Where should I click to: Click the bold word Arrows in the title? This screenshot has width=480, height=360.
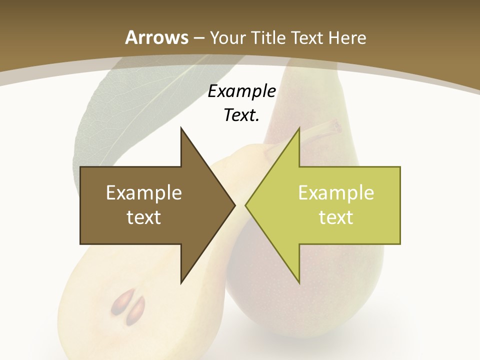pyautogui.click(x=156, y=37)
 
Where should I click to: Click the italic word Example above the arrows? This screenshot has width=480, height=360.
pyautogui.click(x=242, y=91)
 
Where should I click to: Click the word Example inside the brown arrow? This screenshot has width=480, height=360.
pyautogui.click(x=144, y=193)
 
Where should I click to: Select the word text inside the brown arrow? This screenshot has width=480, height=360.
pyautogui.click(x=144, y=217)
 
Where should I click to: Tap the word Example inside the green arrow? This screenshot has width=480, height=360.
pyautogui.click(x=336, y=193)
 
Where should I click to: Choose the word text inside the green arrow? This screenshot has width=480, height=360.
pyautogui.click(x=336, y=217)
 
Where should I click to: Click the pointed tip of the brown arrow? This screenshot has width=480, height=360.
pyautogui.click(x=234, y=205)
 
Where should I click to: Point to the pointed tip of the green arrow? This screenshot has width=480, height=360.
pyautogui.click(x=246, y=205)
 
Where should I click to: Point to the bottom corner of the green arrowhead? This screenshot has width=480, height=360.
pyautogui.click(x=299, y=282)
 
